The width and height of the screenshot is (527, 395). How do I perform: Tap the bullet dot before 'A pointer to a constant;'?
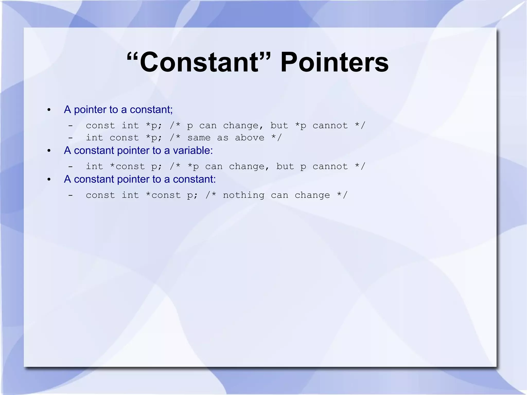coord(49,110)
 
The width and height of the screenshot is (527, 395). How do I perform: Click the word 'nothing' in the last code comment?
coord(243,195)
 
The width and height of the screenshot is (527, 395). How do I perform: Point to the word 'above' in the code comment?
coord(249,138)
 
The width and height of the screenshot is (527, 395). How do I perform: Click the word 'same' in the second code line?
coord(199,138)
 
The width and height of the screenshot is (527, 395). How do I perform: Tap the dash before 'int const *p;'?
coord(70,138)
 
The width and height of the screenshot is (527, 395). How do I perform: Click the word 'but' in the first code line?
coord(279,126)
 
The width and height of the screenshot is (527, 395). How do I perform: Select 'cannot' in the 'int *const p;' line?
coord(330,166)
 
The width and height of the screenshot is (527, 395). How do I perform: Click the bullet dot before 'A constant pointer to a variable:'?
coord(49,151)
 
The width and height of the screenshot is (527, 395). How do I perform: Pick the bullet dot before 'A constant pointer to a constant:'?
coord(49,179)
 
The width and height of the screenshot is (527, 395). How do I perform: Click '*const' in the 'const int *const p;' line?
coord(163,195)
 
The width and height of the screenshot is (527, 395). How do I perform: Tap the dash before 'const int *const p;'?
coord(70,195)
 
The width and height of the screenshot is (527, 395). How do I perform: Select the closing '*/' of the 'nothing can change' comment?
coord(342,195)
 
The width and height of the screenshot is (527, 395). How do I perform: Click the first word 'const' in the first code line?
coord(100,126)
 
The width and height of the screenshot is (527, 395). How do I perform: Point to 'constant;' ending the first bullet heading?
coord(151,110)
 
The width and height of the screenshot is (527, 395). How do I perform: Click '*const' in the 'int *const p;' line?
coord(127,166)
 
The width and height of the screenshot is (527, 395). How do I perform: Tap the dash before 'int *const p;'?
coord(70,166)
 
